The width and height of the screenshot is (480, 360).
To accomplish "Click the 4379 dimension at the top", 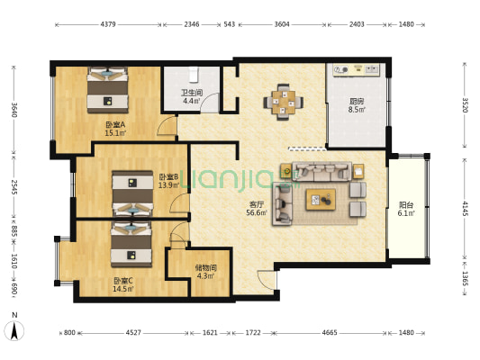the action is click(x=108, y=24).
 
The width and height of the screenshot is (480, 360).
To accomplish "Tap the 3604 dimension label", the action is click(x=282, y=24).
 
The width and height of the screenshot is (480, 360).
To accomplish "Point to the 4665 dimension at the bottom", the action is click(x=330, y=332).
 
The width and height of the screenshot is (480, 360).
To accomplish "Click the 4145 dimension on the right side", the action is click(x=465, y=208).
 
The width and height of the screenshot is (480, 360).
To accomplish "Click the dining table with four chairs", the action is click(x=284, y=102).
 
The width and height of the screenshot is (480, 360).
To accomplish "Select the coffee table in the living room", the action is click(x=321, y=200).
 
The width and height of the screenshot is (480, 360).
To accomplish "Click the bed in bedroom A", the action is click(x=107, y=90).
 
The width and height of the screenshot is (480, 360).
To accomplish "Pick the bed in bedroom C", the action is click(x=131, y=245).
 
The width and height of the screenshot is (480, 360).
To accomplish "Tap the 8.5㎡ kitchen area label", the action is click(x=357, y=109).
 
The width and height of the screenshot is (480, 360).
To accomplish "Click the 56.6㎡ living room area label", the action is click(x=257, y=212).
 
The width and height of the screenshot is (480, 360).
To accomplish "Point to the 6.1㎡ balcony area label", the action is click(x=406, y=213).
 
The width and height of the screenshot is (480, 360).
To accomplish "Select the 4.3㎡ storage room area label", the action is click(x=205, y=276).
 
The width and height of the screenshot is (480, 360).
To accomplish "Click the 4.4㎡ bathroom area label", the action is click(x=192, y=101).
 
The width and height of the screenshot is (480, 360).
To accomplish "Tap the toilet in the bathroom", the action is click(x=194, y=75).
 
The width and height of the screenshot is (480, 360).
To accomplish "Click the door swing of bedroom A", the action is click(x=167, y=126).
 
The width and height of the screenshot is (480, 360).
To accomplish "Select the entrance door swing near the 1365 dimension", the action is click(x=267, y=280).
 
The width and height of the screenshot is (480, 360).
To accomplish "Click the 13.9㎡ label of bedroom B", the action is click(x=168, y=185).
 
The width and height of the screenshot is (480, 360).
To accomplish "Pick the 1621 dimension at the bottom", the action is click(x=210, y=332).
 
